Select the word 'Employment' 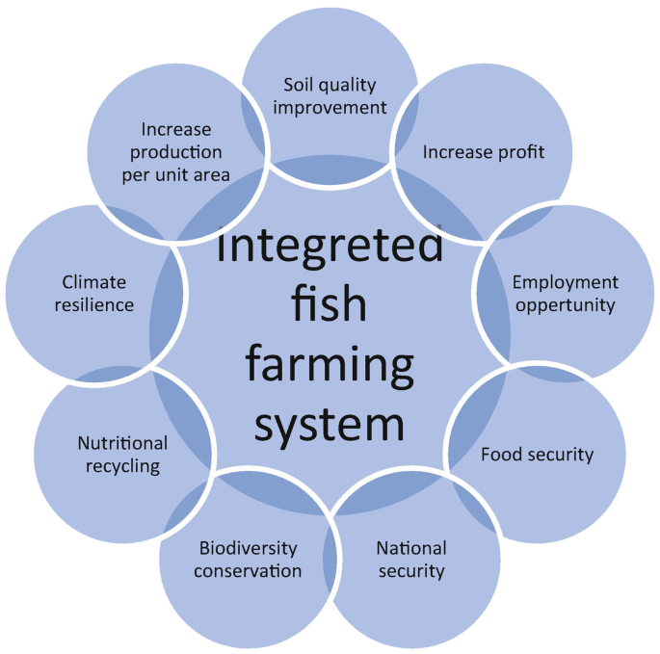(x=565, y=283)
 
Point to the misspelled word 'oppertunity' (x=565, y=305)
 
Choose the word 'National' (x=411, y=548)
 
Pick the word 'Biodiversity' (x=248, y=548)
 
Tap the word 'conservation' (x=248, y=570)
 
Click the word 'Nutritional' (x=122, y=443)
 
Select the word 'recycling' (x=122, y=466)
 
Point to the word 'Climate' (x=94, y=282)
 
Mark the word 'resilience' (x=94, y=305)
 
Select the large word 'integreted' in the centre (x=330, y=246)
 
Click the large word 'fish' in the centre (x=329, y=305)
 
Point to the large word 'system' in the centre (x=329, y=424)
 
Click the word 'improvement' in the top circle (x=330, y=107)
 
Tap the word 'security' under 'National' (x=411, y=571)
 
